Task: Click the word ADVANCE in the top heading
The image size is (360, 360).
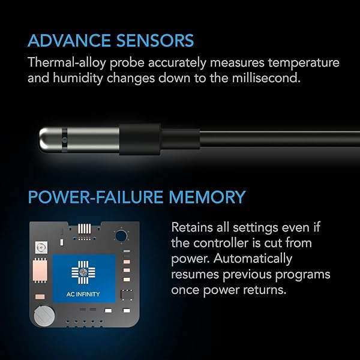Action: point(70,41)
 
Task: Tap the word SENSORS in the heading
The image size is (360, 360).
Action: point(155,41)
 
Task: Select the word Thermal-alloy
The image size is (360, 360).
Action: point(67,62)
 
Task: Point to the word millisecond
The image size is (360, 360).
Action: point(266,78)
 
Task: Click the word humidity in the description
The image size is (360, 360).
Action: point(78,79)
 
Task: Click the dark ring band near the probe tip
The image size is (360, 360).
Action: point(64,140)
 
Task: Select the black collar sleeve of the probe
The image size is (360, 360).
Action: point(140,139)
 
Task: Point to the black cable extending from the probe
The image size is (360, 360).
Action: point(280,139)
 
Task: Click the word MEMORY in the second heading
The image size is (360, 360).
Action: point(207,197)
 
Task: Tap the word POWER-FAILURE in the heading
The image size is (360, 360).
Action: point(95,197)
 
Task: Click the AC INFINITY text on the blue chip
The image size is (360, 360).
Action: point(83,294)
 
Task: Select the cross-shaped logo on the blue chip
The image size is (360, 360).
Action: point(83,272)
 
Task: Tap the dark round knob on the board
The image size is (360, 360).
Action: point(121,236)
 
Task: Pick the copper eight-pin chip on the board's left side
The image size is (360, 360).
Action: point(40,271)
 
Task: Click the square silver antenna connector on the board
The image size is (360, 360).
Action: point(41,247)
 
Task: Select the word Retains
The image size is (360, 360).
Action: point(192,227)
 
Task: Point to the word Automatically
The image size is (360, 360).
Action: point(253,259)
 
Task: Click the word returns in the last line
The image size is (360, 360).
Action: point(265,290)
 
